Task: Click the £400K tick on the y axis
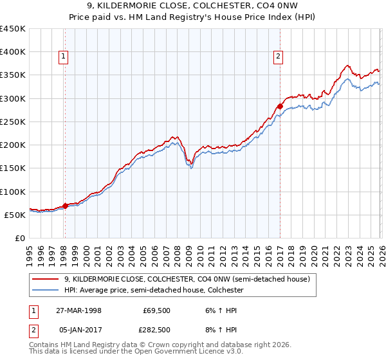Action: [x=14, y=52]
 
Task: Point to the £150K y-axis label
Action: [x=14, y=168]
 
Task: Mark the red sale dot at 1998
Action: [x=65, y=206]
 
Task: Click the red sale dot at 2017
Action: [x=280, y=107]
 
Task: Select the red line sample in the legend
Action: [x=45, y=280]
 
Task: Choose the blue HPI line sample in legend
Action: [x=45, y=290]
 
